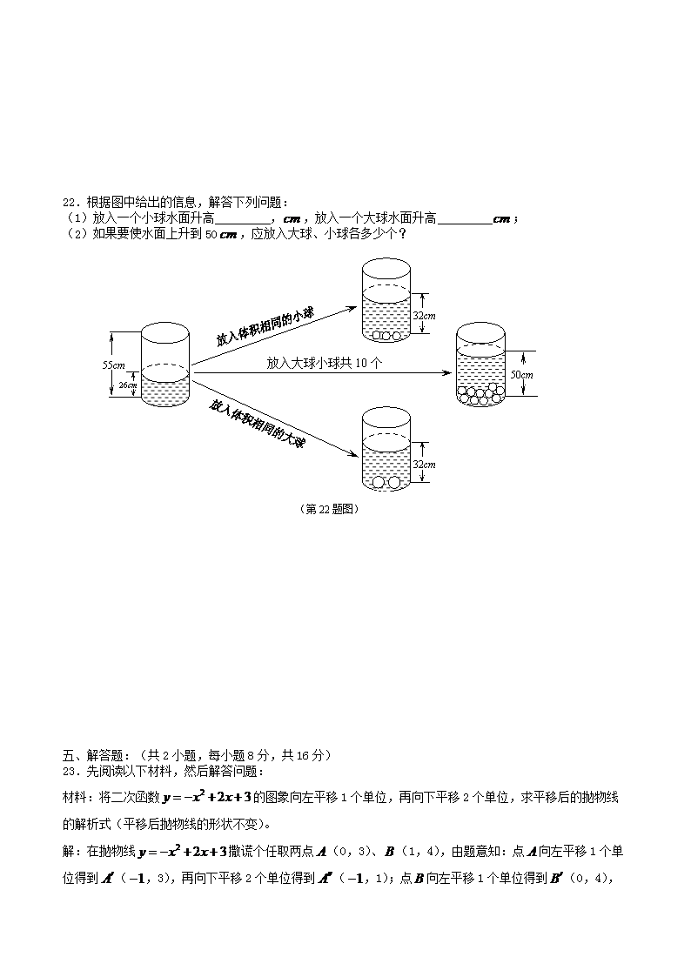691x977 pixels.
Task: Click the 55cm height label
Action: click(114, 365)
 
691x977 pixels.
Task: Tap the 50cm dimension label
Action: click(520, 374)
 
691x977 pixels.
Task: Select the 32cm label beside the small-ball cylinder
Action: click(423, 316)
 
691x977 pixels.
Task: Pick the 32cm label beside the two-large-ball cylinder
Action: click(423, 465)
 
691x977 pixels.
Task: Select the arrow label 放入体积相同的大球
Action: click(258, 424)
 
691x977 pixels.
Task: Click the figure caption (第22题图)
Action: click(329, 509)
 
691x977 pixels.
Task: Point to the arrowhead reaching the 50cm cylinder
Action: click(446, 373)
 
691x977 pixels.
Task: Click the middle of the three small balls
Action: click(386, 336)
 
